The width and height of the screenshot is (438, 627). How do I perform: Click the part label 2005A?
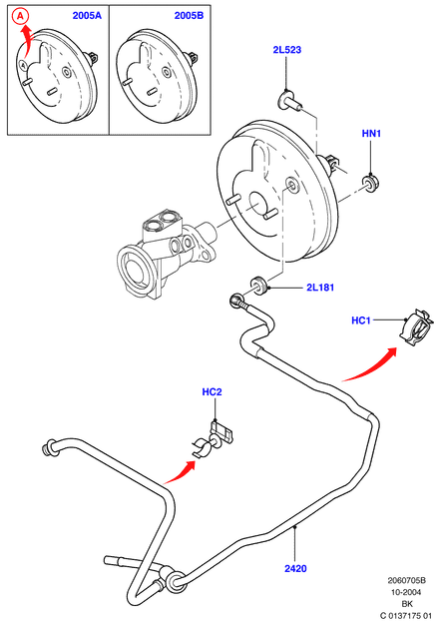tap(87, 16)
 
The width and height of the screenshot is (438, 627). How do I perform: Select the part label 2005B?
tap(189, 16)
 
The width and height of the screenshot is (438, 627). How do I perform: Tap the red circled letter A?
tap(20, 16)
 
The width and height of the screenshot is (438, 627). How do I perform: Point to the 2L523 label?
tap(287, 50)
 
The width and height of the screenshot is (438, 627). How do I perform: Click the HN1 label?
tap(371, 134)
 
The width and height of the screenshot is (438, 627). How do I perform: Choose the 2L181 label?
tap(320, 288)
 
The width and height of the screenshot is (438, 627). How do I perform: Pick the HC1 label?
tap(361, 320)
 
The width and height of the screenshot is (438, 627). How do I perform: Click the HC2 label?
tap(212, 391)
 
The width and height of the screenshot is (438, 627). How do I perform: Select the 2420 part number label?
tap(295, 568)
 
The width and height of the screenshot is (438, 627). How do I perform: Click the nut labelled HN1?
tap(371, 183)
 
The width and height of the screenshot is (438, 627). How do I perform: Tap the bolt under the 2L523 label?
tap(289, 101)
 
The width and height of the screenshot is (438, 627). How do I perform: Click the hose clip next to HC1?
tap(416, 327)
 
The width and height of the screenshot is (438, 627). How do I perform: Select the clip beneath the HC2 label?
tap(212, 440)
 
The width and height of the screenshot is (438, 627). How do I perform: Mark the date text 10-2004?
tap(406, 592)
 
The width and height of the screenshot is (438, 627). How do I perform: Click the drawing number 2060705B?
tap(406, 580)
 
